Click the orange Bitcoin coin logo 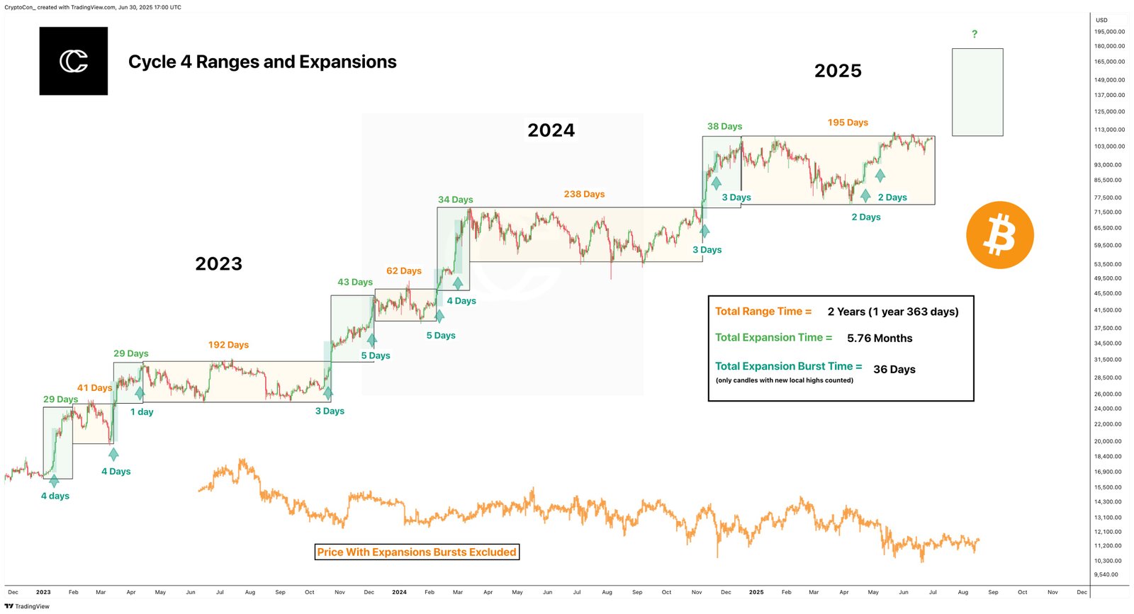[999, 235]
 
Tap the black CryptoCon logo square [74, 61]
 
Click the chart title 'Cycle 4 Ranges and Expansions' [262, 62]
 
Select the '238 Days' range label [584, 194]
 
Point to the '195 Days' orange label [848, 123]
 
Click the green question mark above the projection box [975, 34]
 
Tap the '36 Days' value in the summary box [894, 370]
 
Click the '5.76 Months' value [880, 339]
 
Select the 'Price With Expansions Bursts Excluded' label [417, 552]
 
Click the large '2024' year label [551, 130]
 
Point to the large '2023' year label [218, 264]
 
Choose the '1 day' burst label [142, 412]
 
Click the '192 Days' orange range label [228, 345]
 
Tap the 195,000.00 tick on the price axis [1109, 32]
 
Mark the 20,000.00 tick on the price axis [1108, 441]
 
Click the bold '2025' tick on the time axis [756, 592]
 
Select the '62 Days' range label [403, 271]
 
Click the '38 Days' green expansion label [724, 127]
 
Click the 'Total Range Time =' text [763, 312]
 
